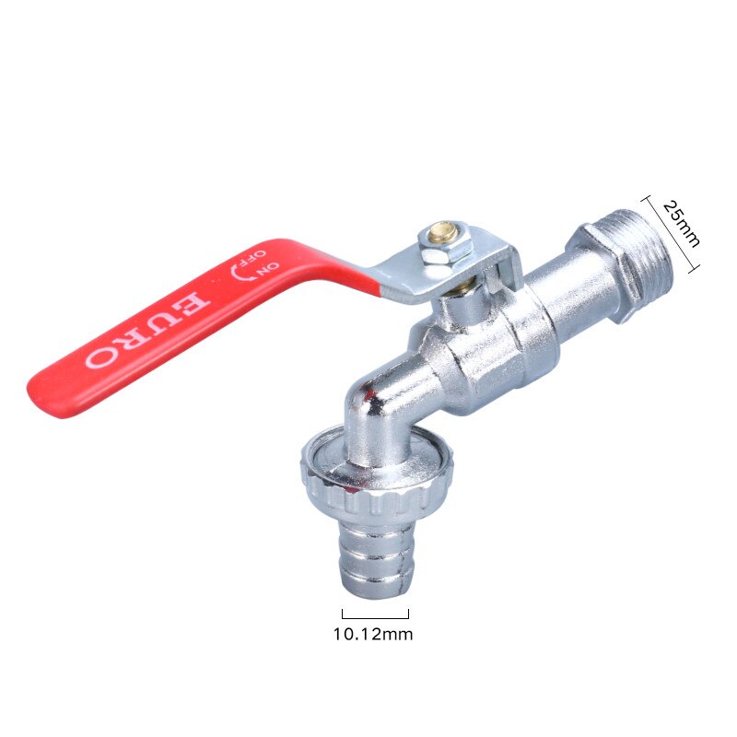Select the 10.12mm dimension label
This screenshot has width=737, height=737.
[372, 634]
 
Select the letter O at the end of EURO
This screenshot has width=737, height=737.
[96, 357]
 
